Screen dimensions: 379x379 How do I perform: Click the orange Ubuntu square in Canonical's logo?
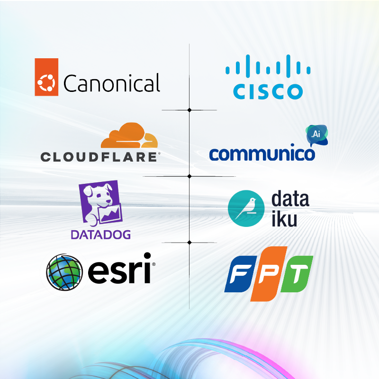point(46,77)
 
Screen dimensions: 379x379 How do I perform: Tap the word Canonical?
point(112,83)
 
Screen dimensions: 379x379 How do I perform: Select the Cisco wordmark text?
point(268,91)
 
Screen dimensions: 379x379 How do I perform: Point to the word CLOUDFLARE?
point(99,157)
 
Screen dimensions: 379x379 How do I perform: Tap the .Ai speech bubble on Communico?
point(317,135)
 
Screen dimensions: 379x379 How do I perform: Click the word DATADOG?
point(100,235)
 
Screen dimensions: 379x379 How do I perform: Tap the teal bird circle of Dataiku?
point(246,208)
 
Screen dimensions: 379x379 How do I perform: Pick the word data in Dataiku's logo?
point(290,199)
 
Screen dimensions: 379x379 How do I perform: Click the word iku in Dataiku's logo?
point(284,218)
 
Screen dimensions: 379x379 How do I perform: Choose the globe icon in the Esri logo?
point(64,272)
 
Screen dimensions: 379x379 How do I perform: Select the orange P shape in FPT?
point(269,274)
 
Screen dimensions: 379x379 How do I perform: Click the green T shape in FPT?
point(297,274)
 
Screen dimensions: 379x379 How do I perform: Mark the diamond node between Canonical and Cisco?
point(189,110)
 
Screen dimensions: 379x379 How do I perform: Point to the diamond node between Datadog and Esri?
point(189,242)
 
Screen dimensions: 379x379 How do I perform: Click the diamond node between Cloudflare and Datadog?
point(189,176)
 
